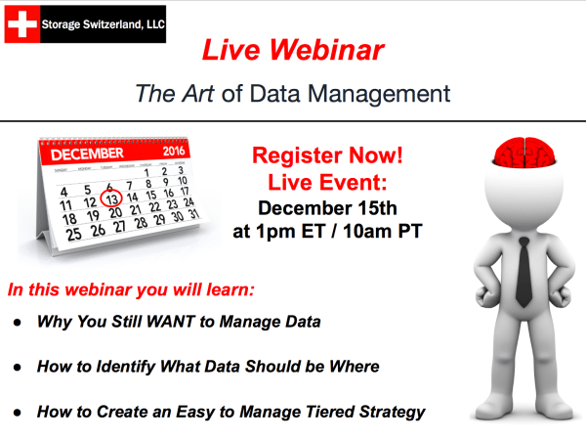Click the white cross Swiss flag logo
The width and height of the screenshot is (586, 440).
pos(23,24)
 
